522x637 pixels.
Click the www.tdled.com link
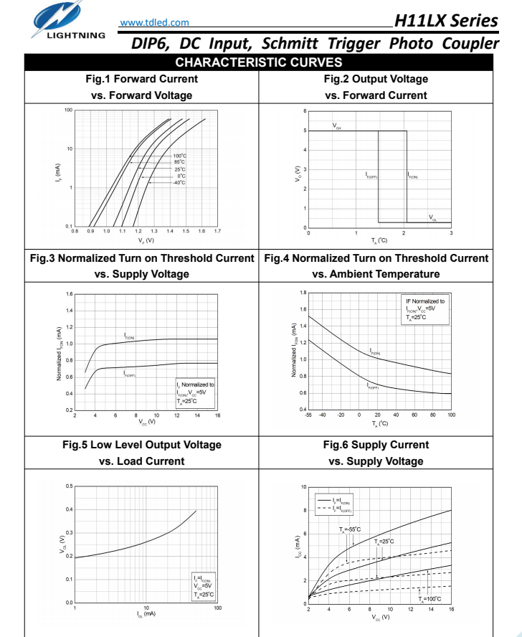click(155, 22)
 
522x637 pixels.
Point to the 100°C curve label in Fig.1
click(179, 156)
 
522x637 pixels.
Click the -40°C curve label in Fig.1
click(179, 182)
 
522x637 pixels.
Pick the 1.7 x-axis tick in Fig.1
click(217, 232)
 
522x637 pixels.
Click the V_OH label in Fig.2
click(337, 126)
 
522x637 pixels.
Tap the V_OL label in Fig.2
click(433, 217)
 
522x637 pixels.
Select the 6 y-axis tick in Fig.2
click(305, 111)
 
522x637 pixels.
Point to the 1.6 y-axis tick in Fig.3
click(70, 294)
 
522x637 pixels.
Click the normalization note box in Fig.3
click(195, 393)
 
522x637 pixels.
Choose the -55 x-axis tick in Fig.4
click(308, 415)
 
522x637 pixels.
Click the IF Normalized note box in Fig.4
click(425, 309)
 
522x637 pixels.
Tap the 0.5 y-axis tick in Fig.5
click(69, 486)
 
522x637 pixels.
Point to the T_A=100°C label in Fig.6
click(430, 598)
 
